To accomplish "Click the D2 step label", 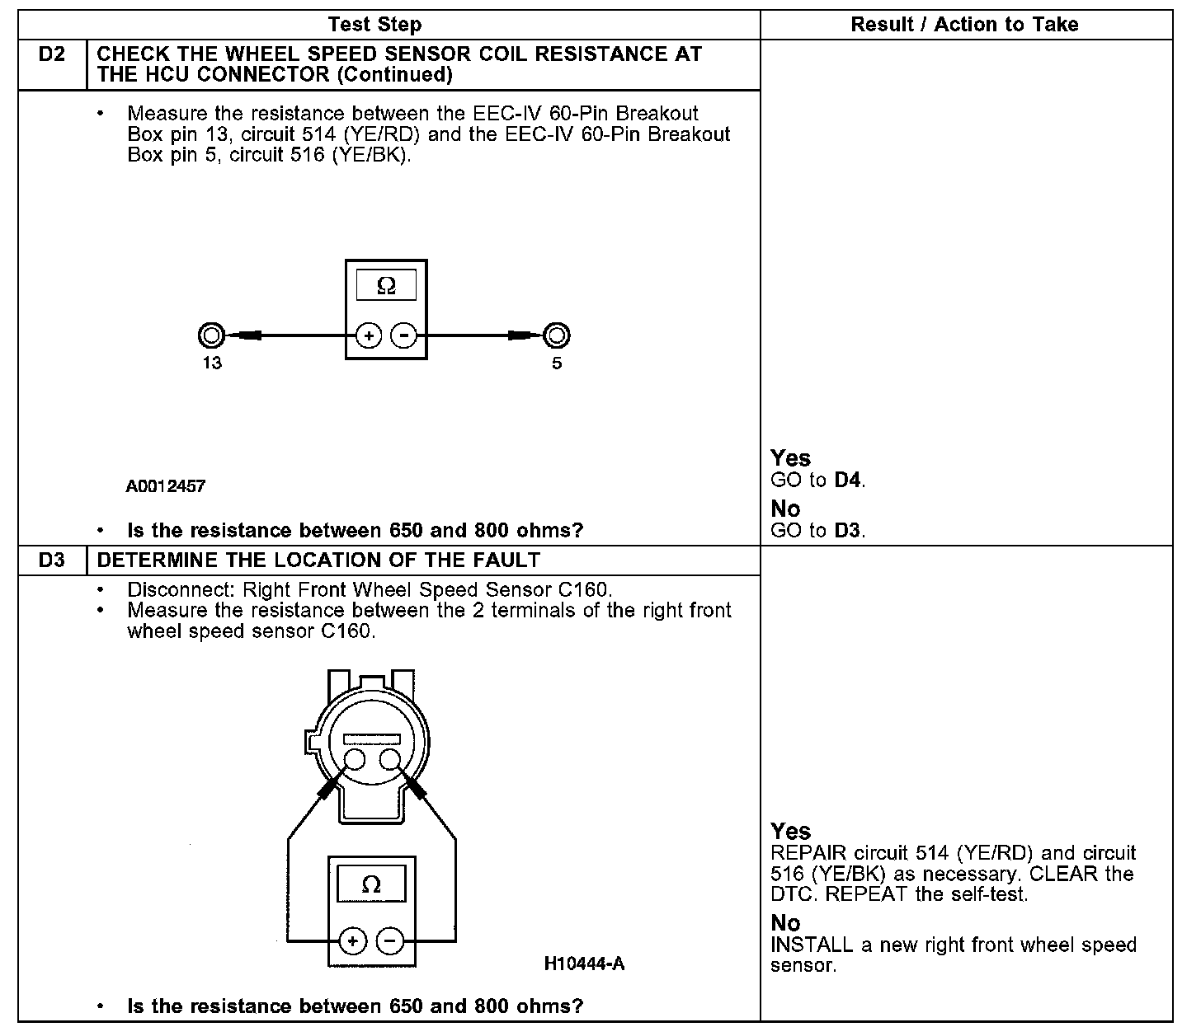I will click(x=51, y=55).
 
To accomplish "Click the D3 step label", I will click(x=51, y=560).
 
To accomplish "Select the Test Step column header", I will click(x=374, y=25).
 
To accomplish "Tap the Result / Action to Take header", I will click(x=964, y=25).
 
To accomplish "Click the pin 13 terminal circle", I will click(x=211, y=335).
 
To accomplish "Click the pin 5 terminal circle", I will click(x=557, y=335).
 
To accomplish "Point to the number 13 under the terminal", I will click(x=212, y=363).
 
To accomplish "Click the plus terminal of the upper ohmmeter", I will click(x=368, y=335).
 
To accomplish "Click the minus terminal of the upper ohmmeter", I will click(x=403, y=335).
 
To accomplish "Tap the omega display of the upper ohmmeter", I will click(x=386, y=285).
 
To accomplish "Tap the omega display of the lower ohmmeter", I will click(x=371, y=885).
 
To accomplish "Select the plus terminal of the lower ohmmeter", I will click(x=353, y=940).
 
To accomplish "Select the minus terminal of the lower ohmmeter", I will click(x=390, y=940).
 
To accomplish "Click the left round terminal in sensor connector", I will click(x=355, y=759).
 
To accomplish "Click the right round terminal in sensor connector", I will click(x=391, y=759).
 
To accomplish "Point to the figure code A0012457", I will click(x=165, y=486).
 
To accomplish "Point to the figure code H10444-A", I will click(x=584, y=964).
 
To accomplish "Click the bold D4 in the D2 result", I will click(x=849, y=480).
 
